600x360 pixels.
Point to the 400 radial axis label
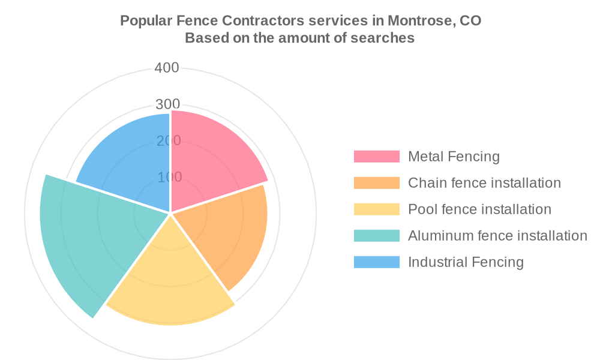tap(167, 68)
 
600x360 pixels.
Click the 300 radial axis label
tap(167, 104)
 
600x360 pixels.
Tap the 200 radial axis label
tap(169, 141)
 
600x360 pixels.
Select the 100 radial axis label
tap(170, 177)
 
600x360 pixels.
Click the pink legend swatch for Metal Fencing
tap(377, 157)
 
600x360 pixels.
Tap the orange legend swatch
tap(377, 183)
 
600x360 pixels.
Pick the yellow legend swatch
tap(377, 209)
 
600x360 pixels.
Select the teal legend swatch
tap(377, 236)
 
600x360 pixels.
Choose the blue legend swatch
tap(377, 262)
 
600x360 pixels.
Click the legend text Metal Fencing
tap(454, 157)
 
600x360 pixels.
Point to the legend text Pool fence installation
tap(480, 209)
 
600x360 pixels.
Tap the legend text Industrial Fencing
tap(466, 262)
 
